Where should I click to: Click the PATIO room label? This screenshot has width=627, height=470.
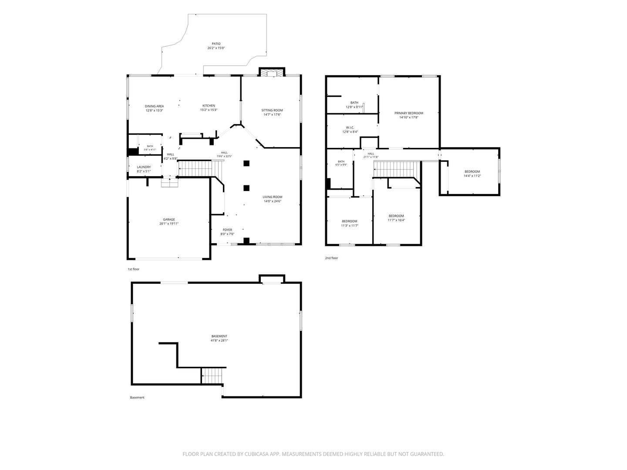coord(216,44)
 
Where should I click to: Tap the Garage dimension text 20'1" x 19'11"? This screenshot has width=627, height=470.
coord(169,224)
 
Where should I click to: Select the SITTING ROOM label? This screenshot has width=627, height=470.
coord(272,110)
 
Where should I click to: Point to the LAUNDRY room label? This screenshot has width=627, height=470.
coord(144,167)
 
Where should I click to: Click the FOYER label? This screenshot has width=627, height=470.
coord(227,230)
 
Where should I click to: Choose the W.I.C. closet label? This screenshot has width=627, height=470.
coord(350,128)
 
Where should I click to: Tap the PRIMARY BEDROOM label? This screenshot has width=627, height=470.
coord(409,113)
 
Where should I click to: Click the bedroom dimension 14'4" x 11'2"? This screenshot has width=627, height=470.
coord(472,176)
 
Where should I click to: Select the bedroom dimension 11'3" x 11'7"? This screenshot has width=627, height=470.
coord(350,225)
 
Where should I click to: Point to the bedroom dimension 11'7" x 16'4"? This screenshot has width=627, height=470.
coord(396,220)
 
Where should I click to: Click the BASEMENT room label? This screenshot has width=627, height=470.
coord(219,336)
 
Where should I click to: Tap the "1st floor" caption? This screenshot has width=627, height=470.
coord(133,269)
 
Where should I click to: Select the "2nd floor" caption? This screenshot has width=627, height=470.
coord(331,258)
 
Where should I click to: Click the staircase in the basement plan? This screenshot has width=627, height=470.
coord(212,376)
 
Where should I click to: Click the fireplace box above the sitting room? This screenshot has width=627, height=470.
coord(272,72)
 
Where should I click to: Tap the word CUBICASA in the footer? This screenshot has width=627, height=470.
coord(257,454)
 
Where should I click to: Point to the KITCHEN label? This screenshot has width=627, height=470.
coord(209,106)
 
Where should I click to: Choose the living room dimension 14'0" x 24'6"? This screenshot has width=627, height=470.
coord(273,201)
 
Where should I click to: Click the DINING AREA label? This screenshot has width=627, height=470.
coord(154,106)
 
